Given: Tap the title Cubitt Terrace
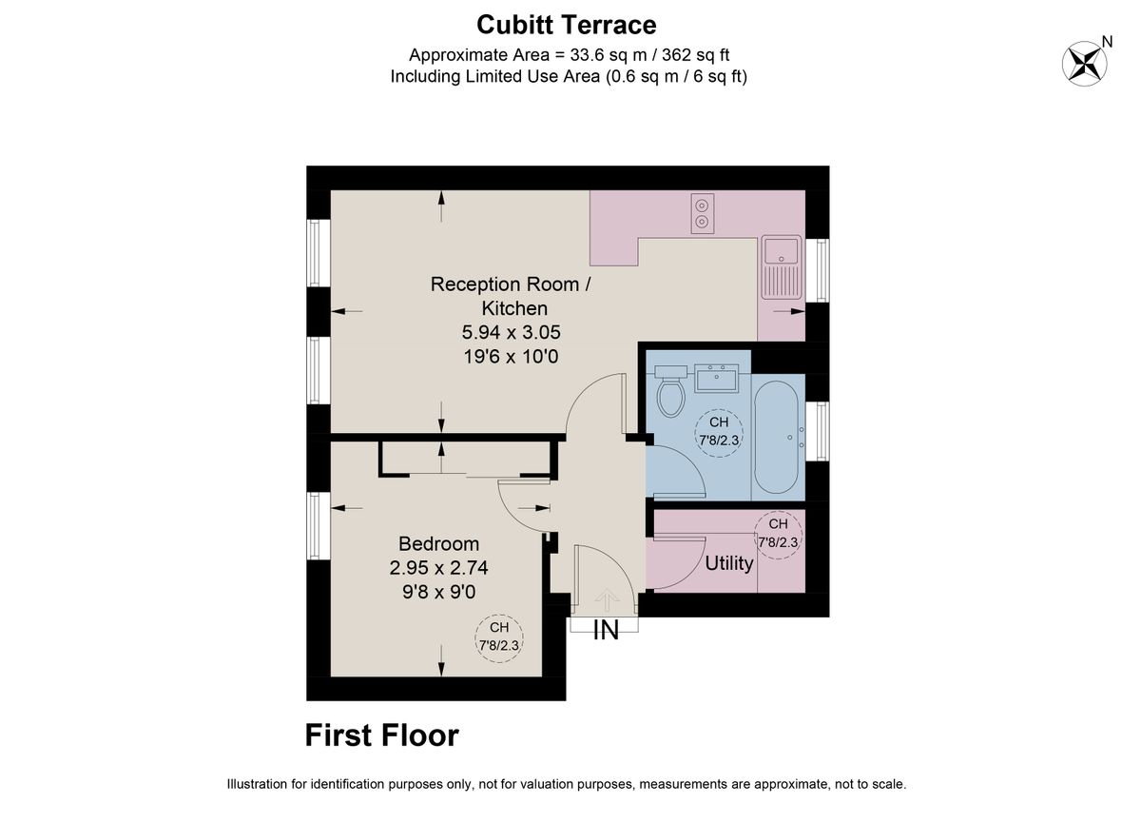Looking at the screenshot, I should click(x=566, y=24).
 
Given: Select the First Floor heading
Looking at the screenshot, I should click(x=381, y=735).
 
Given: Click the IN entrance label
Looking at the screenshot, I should click(x=606, y=630).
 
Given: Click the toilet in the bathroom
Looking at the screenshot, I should click(x=671, y=392).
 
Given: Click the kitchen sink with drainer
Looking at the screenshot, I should click(x=782, y=267).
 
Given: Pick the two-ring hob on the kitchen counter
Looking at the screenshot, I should click(x=702, y=214).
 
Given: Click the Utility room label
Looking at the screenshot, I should click(x=728, y=563).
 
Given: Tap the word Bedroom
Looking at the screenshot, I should click(x=438, y=544).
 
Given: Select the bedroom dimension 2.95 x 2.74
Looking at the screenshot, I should click(x=438, y=568).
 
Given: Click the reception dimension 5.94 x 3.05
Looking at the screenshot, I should click(x=512, y=333).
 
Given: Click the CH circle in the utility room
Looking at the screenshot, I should click(x=778, y=533).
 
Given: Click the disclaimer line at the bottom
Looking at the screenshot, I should click(x=566, y=785).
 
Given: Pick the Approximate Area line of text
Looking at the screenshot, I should click(x=569, y=55).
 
